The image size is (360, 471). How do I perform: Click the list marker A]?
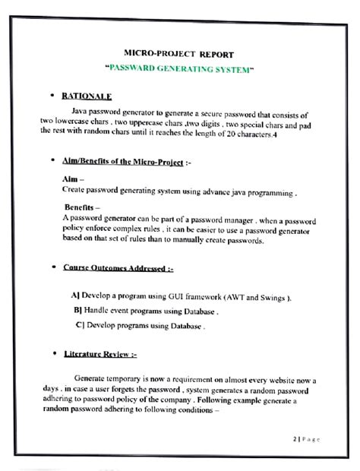(x=74, y=297)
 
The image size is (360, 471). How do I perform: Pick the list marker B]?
(x=77, y=311)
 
